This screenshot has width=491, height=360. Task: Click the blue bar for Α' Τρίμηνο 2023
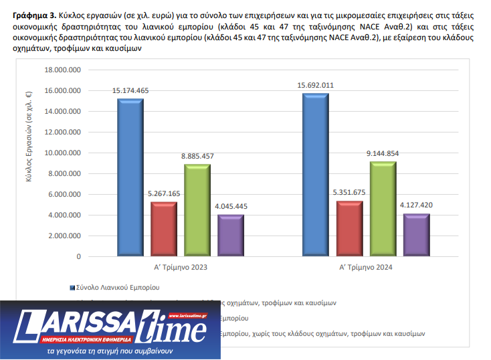tap(130, 177)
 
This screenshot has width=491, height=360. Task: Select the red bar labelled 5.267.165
tap(164, 229)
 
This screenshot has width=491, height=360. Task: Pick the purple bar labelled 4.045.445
tap(231, 236)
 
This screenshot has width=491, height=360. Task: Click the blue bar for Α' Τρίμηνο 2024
tap(315, 175)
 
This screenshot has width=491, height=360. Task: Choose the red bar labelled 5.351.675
tap(349, 228)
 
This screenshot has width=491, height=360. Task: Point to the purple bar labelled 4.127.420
tap(416, 235)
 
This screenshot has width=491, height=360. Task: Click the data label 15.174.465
tap(130, 90)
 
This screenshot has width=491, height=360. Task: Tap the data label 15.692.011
tap(316, 85)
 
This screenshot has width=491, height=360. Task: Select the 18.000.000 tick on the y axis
tap(62, 70)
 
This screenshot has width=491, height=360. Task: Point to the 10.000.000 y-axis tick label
tap(62, 153)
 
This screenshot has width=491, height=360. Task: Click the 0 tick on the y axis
tap(78, 256)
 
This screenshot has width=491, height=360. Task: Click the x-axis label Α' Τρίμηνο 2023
tap(181, 268)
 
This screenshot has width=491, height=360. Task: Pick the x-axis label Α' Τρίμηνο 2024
tap(365, 268)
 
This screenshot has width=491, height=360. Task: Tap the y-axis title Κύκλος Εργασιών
tap(30, 163)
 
